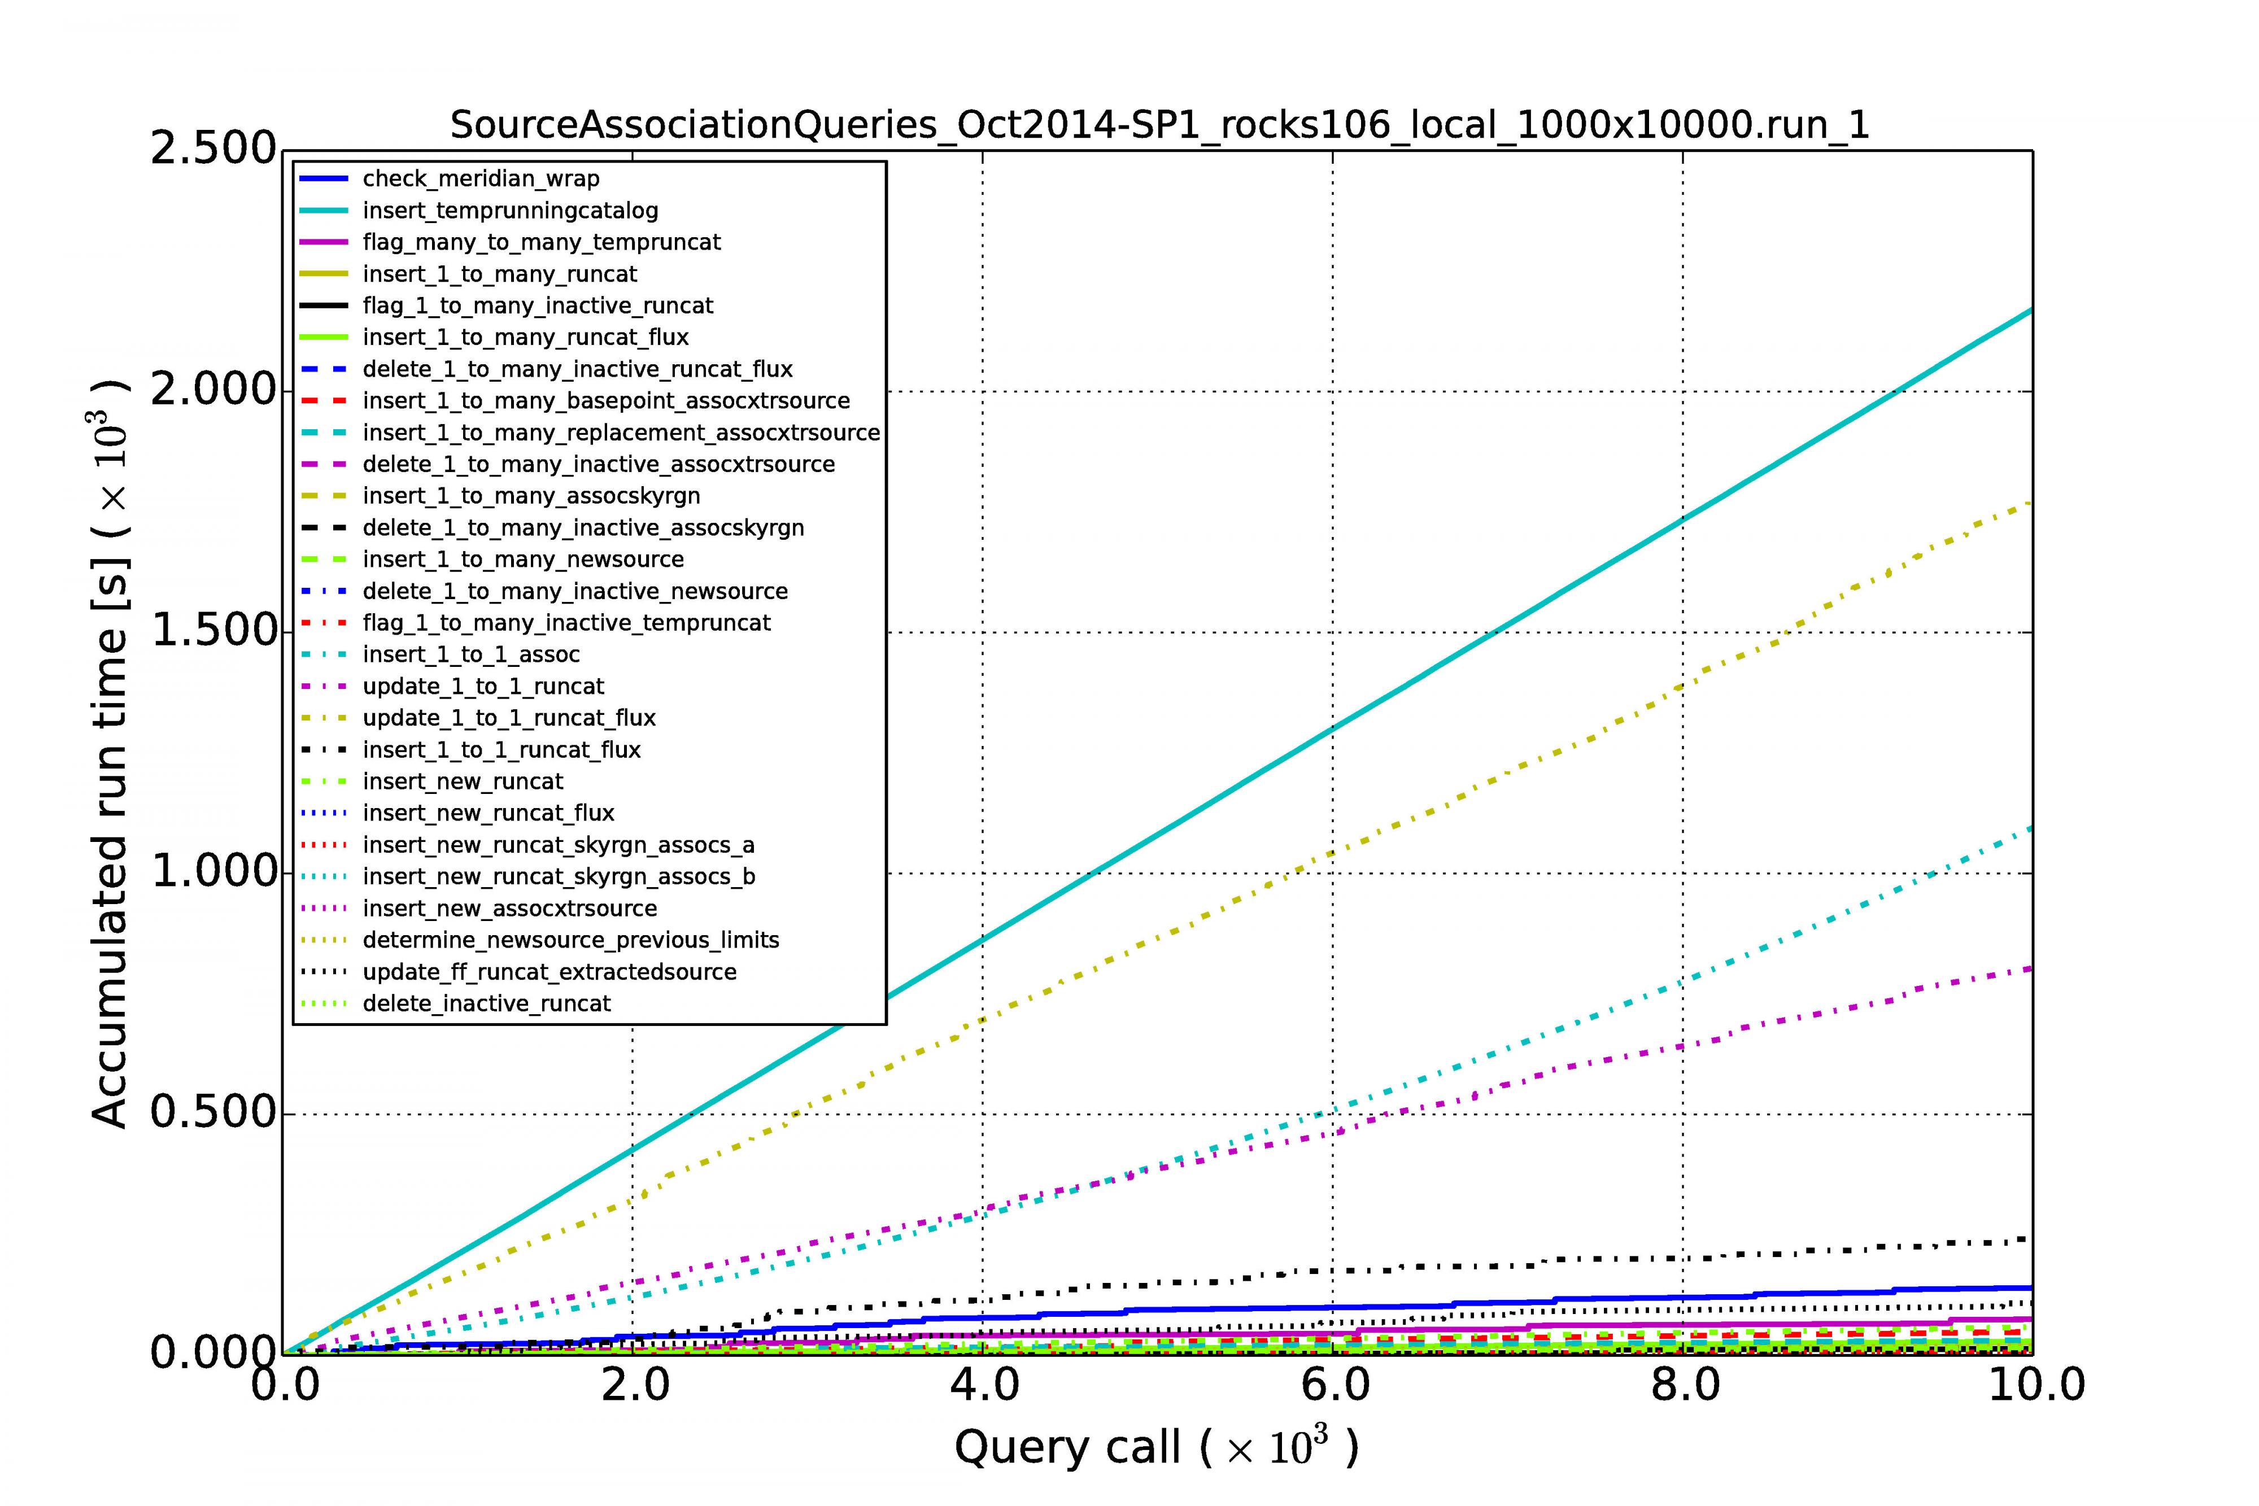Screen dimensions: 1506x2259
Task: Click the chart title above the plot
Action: pos(1159,125)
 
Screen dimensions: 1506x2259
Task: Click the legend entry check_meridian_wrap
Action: pos(480,178)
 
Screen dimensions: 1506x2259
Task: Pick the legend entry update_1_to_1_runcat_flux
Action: pos(509,718)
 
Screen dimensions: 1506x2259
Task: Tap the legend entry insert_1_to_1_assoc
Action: pos(470,654)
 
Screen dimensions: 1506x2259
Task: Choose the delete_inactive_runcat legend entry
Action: pos(486,1003)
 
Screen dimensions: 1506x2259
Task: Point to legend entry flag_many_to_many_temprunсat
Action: pos(540,242)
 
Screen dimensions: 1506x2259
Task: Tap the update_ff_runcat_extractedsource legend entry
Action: pos(550,971)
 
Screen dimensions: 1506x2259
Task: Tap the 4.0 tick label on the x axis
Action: pos(983,1385)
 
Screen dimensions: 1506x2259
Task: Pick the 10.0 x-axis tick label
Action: pos(2034,1385)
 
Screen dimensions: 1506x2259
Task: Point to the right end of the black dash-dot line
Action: pos(2029,1239)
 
